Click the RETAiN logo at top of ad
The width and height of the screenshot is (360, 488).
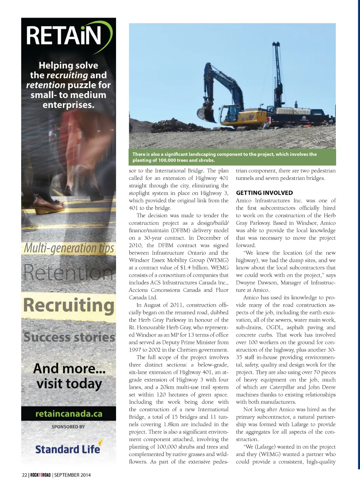pyautogui.click(x=67, y=36)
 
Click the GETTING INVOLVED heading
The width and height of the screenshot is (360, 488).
pyautogui.click(x=264, y=193)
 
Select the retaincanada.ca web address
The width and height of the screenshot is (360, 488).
pyautogui.click(x=69, y=414)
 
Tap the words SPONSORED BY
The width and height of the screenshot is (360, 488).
pyautogui.click(x=68, y=427)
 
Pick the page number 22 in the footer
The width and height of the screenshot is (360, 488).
pyautogui.click(x=24, y=475)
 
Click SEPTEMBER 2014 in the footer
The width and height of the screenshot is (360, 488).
pyautogui.click(x=72, y=475)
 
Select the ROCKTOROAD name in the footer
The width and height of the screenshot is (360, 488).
pyautogui.click(x=40, y=475)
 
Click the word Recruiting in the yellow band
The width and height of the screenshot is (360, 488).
pyautogui.click(x=69, y=305)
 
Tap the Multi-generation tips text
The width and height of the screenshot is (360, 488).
pyautogui.click(x=69, y=248)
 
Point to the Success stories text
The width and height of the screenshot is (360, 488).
pyautogui.click(x=69, y=337)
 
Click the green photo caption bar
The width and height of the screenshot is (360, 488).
pyautogui.click(x=232, y=157)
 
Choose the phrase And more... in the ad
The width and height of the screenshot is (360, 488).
pyautogui.click(x=69, y=368)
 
